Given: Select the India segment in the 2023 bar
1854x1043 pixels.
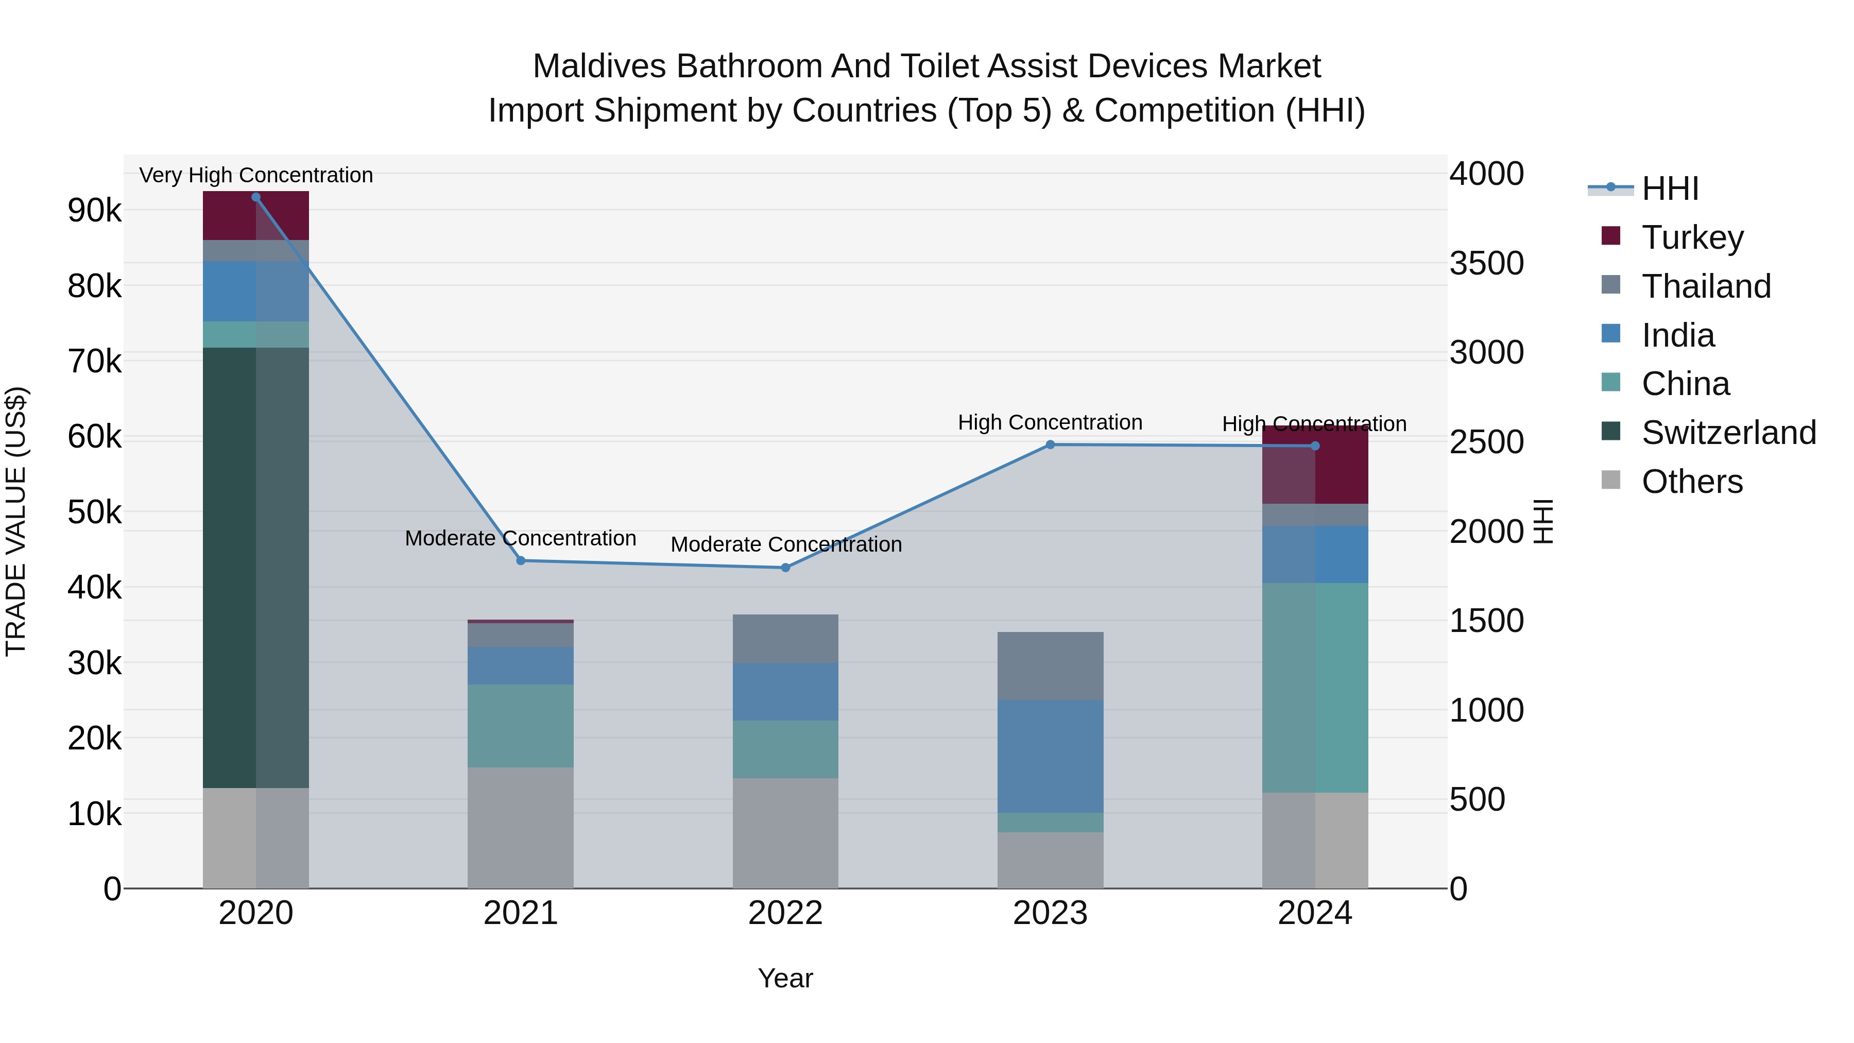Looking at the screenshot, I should pyautogui.click(x=1050, y=756).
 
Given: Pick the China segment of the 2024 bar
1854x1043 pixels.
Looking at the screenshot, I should pyautogui.click(x=1315, y=688).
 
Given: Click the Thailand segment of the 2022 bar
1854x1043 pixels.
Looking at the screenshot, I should pyautogui.click(x=785, y=639).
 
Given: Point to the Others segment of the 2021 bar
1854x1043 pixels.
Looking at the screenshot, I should pyautogui.click(x=520, y=828).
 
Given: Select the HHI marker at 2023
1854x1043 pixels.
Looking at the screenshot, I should pyautogui.click(x=1050, y=445).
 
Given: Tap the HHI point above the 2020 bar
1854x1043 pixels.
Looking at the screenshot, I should pyautogui.click(x=256, y=197).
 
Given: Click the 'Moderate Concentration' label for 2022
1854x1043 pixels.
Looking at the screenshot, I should pyautogui.click(x=786, y=544).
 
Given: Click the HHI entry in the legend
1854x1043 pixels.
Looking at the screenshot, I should pyautogui.click(x=1670, y=189).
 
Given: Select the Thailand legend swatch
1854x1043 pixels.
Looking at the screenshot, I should pyautogui.click(x=1611, y=285).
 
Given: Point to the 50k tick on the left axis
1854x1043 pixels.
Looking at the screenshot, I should pyautogui.click(x=95, y=512).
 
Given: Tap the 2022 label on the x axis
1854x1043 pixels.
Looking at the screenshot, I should pyautogui.click(x=785, y=913).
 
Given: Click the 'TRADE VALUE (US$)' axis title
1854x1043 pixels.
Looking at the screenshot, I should pyautogui.click(x=16, y=521).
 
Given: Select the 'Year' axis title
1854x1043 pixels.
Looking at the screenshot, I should pyautogui.click(x=785, y=978).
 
